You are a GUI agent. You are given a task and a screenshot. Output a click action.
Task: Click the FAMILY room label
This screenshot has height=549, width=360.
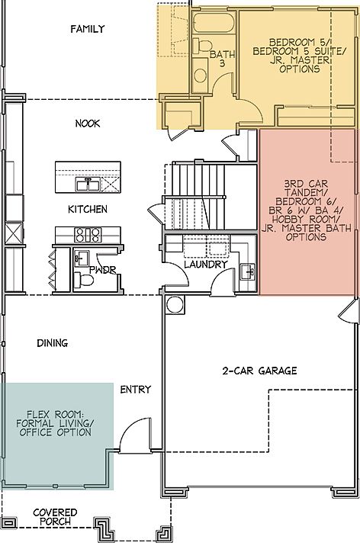click(x=87, y=30)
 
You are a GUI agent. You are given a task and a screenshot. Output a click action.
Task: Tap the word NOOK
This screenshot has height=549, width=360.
click(x=88, y=124)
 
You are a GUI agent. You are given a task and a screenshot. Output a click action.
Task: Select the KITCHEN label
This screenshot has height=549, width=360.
click(x=88, y=209)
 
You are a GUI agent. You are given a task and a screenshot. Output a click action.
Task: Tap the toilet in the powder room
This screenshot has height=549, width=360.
click(x=85, y=281)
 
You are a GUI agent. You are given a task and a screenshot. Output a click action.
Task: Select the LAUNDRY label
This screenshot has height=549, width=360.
click(x=205, y=265)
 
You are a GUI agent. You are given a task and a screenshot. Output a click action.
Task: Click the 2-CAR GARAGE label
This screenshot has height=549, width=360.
click(x=259, y=371)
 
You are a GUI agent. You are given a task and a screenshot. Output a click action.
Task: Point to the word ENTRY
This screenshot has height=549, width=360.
click(x=135, y=390)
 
